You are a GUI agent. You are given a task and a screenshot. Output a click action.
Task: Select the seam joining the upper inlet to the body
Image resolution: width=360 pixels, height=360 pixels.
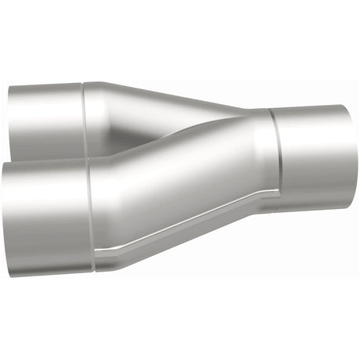coord(84,117)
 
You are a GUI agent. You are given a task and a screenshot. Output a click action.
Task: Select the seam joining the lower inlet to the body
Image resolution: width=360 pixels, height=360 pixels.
coord(93,215)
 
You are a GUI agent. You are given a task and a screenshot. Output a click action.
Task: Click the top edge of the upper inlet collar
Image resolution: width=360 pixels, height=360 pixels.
coord(47,82)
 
